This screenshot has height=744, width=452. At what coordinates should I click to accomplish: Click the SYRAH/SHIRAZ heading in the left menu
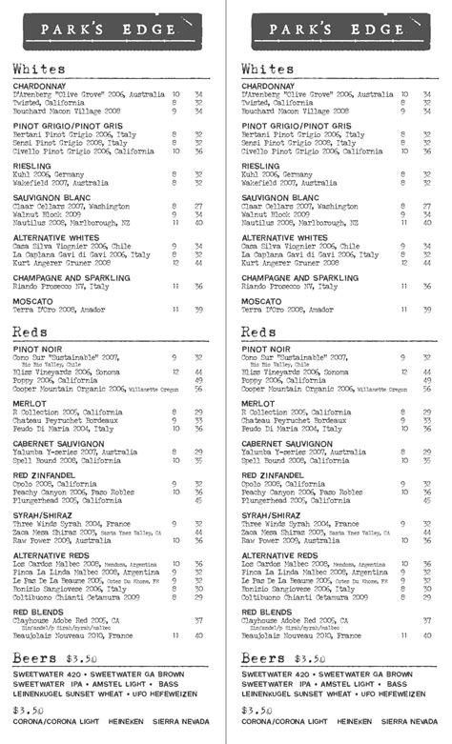[44, 514]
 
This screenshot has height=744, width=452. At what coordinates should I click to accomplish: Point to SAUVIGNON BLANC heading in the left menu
[50, 197]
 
